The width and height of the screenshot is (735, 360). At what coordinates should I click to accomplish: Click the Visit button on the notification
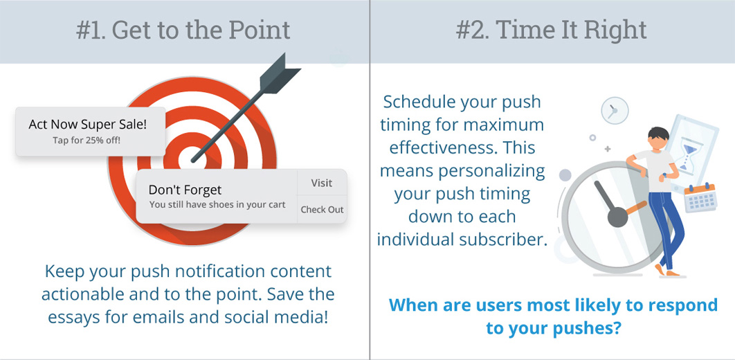click(x=322, y=183)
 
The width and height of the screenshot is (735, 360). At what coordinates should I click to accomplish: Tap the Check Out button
click(x=322, y=210)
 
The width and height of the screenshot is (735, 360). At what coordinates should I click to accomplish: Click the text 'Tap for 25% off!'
click(x=87, y=140)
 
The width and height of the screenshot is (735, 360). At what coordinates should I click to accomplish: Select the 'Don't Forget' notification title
click(x=185, y=190)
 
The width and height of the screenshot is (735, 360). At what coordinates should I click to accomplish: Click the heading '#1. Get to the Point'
click(x=183, y=30)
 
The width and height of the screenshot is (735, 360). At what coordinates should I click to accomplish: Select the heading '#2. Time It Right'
click(x=551, y=30)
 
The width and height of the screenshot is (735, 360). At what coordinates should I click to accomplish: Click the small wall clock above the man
click(x=614, y=111)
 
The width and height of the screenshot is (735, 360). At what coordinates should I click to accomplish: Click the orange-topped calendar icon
click(x=700, y=198)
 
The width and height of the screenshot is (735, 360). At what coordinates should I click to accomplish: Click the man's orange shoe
click(x=667, y=271)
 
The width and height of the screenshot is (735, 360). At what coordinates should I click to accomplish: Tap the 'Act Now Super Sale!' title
click(x=88, y=124)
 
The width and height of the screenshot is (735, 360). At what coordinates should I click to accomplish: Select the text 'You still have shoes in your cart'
click(x=217, y=205)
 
